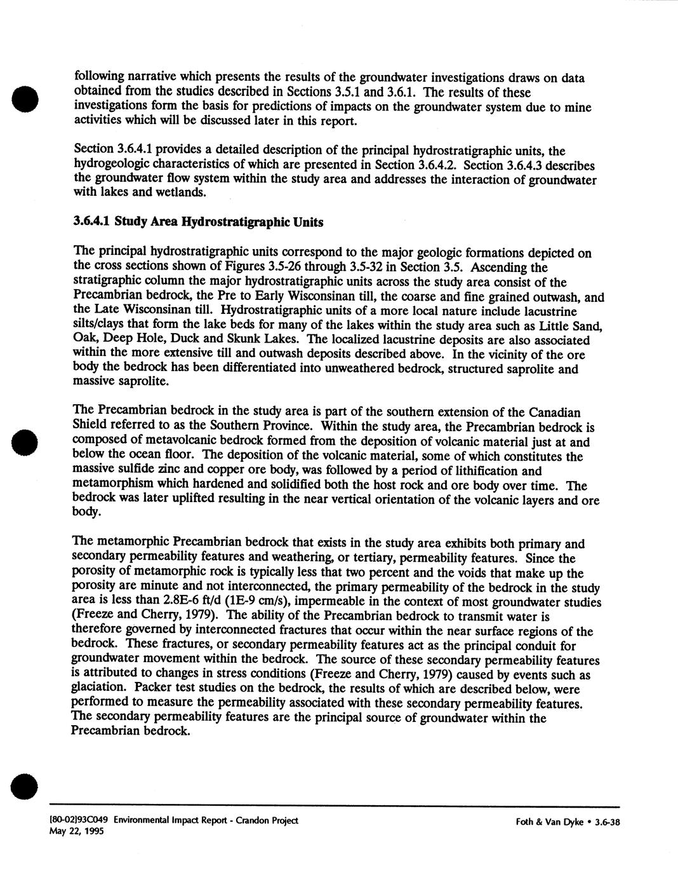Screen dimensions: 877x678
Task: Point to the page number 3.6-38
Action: (x=606, y=822)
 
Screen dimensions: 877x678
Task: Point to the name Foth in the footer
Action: (x=526, y=822)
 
